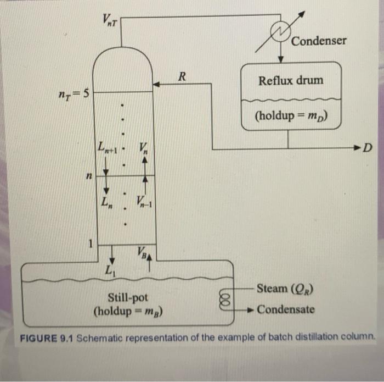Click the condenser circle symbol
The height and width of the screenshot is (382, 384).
[x=281, y=31]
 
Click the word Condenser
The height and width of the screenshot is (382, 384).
[x=319, y=41]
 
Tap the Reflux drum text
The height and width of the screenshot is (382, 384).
[x=291, y=80]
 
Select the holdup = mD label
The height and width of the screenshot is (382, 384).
[x=291, y=117]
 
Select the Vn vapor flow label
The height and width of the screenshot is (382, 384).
[x=143, y=148]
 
